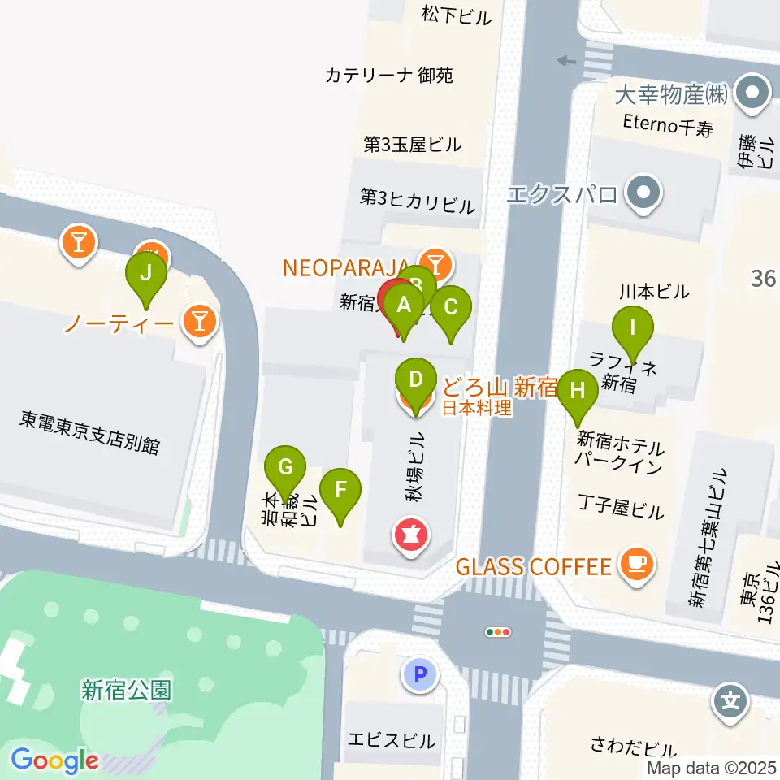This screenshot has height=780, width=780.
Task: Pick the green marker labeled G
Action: (x=285, y=467)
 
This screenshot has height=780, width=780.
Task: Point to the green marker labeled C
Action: (x=450, y=308)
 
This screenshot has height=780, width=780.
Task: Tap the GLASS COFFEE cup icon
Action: (x=636, y=565)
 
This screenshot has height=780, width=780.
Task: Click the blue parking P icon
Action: (x=420, y=674)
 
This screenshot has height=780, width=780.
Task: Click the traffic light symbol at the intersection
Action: (x=497, y=631)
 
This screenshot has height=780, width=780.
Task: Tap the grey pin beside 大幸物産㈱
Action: (x=752, y=93)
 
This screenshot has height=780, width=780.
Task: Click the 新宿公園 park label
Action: (x=127, y=690)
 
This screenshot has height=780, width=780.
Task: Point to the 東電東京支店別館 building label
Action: (x=91, y=444)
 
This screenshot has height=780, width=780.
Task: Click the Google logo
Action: (x=54, y=760)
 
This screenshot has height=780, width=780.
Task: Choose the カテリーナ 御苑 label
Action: (x=388, y=76)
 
